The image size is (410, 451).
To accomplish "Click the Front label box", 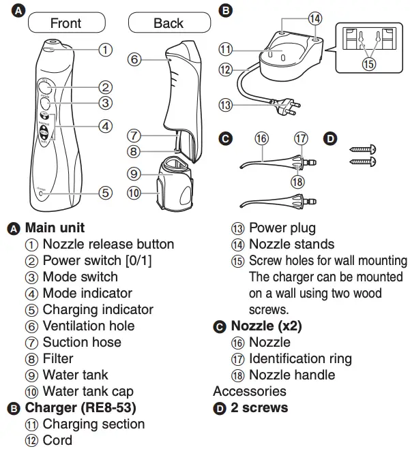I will tap(65, 23).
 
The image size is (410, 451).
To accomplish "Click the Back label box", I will tap(168, 23).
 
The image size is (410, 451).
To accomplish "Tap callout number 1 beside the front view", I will tap(104, 49).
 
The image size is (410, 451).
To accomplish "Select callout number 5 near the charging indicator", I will tap(104, 193).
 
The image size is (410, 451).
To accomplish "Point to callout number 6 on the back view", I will tap(134, 60).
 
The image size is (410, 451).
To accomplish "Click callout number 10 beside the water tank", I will tap(134, 193).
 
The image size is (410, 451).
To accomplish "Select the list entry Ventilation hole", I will tap(89, 326).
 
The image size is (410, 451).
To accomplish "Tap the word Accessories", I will tap(250, 391).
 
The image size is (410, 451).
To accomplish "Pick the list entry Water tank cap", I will tap(88, 391).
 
